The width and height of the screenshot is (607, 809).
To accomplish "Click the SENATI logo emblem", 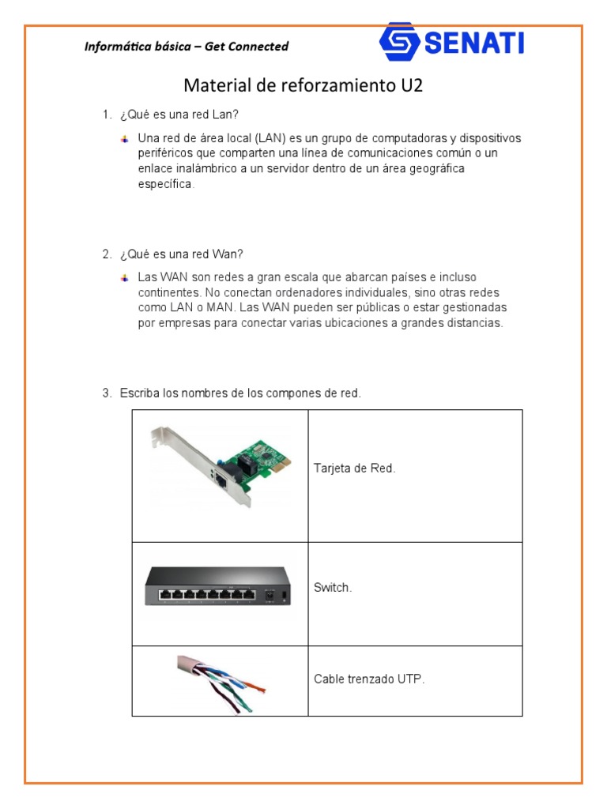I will (399, 42).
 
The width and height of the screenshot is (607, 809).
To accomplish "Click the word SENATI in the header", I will (474, 43).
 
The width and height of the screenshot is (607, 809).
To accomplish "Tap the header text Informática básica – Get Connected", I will (187, 47).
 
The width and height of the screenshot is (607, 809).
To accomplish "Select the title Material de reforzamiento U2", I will (303, 85).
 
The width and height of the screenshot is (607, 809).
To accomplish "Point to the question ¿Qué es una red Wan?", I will (182, 254).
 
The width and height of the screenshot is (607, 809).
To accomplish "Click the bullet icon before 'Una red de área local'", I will (124, 138).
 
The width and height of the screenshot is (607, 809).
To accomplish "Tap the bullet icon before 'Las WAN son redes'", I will (124, 277).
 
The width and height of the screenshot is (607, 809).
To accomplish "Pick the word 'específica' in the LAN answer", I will (164, 184).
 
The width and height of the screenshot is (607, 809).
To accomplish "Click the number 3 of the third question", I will (105, 393).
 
